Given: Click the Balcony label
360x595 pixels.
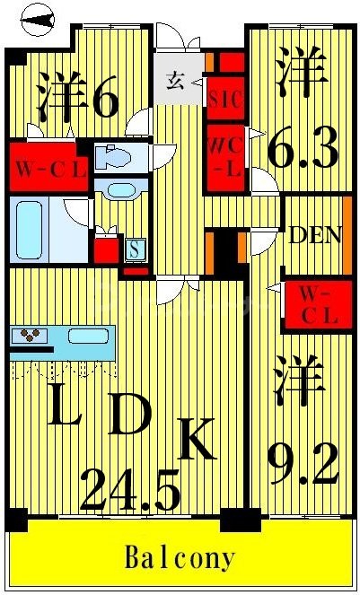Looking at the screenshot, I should pos(181,558).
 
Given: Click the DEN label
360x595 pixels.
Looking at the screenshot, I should pos(314,236).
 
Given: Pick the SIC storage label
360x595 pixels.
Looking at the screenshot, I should pos(224,100).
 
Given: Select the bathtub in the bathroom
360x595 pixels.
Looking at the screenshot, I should pos(36,231).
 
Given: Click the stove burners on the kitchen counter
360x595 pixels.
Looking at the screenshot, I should pos(30,337).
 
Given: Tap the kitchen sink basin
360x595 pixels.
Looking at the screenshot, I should pos(88,337).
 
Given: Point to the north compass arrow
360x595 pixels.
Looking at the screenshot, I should pos(36,19).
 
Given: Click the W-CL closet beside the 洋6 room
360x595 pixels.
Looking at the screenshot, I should pos(49,167).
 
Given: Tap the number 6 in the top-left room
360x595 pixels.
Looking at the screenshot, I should pos(103,100).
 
